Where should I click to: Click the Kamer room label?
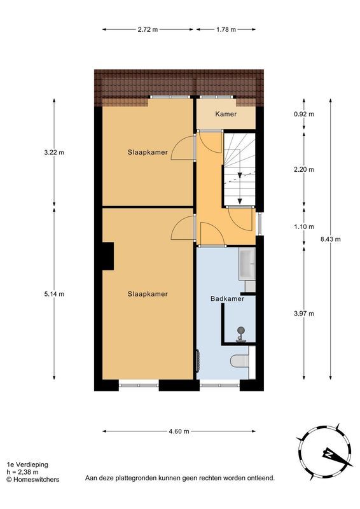point(226,115)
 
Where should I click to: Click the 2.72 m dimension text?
point(147,29)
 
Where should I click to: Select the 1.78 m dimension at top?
point(226,29)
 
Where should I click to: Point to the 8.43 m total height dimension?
point(331,239)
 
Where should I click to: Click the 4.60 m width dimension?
point(179,431)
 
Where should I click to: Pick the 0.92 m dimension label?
point(303,115)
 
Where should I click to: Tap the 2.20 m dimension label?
point(303,170)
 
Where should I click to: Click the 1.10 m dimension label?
point(303,227)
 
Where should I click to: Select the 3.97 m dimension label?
point(303,313)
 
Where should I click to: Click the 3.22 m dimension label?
point(54,152)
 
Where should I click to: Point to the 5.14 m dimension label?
point(54,294)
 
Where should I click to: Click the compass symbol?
point(324,452)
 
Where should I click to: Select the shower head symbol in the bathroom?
point(241,330)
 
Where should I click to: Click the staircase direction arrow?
point(240,174)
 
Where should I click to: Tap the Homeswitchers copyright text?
point(33,480)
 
